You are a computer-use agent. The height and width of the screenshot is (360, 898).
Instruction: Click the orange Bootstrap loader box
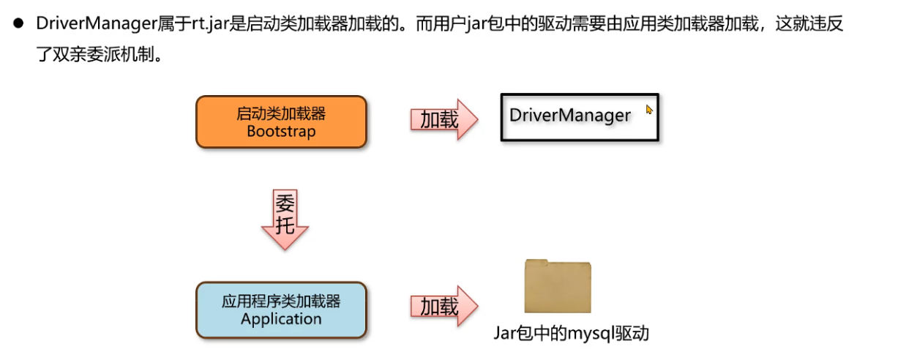pyautogui.click(x=281, y=122)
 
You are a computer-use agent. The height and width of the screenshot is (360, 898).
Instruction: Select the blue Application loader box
pyautogui.click(x=281, y=310)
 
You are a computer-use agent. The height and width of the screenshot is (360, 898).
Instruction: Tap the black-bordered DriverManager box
pyautogui.click(x=580, y=116)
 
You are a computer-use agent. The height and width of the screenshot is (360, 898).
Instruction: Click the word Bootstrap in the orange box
pyautogui.click(x=281, y=132)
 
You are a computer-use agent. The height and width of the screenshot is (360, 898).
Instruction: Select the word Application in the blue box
pyautogui.click(x=281, y=319)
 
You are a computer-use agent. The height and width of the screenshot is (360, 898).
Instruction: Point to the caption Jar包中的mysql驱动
pyautogui.click(x=571, y=334)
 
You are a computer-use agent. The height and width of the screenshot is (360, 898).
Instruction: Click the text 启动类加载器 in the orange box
pyautogui.click(x=281, y=113)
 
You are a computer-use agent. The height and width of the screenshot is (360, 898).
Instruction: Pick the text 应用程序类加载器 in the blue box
pyautogui.click(x=281, y=301)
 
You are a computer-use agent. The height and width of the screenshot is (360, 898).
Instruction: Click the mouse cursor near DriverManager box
pyautogui.click(x=648, y=110)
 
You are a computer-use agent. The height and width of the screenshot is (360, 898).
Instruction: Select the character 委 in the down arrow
pyautogui.click(x=285, y=203)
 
